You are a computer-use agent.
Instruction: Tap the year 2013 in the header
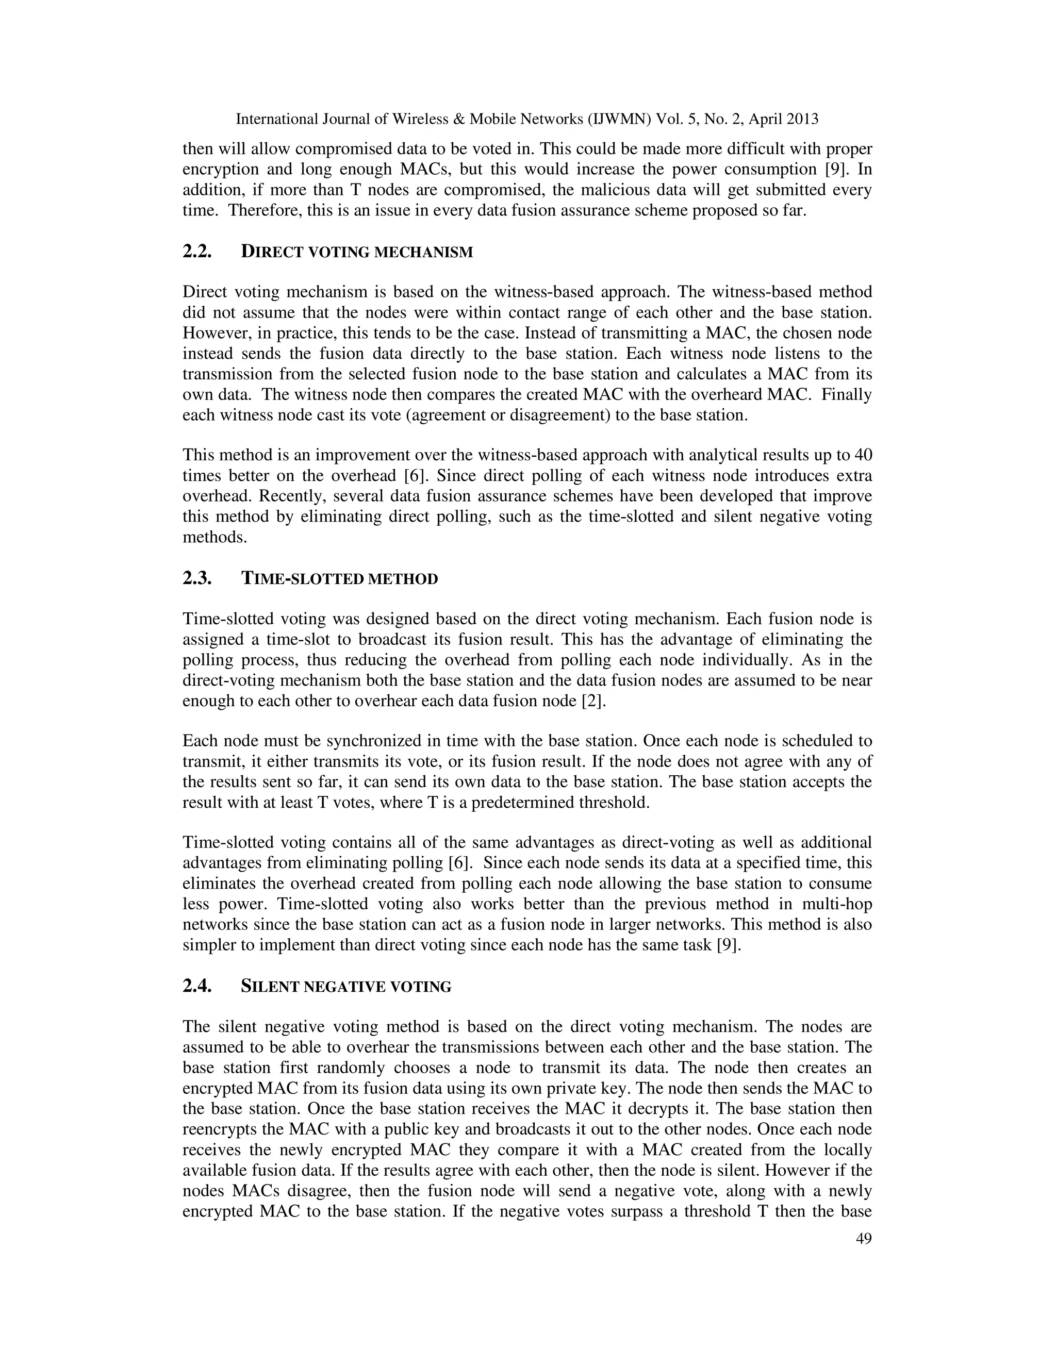(801, 119)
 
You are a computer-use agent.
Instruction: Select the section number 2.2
(197, 252)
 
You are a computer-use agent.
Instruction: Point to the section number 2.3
(197, 578)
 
